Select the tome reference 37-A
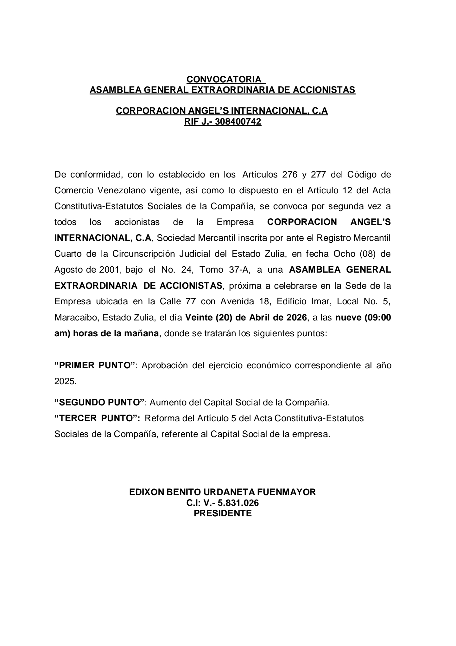coord(239,270)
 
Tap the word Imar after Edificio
coord(320,301)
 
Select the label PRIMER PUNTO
coord(95,365)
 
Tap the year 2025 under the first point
coord(65,381)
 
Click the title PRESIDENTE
coord(223,513)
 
